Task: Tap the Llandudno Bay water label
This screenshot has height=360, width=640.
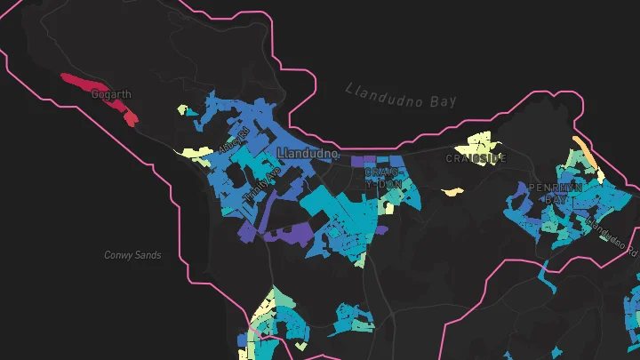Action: pyautogui.click(x=400, y=95)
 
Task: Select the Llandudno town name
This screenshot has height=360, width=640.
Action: pyautogui.click(x=308, y=154)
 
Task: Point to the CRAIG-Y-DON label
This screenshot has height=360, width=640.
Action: pyautogui.click(x=384, y=177)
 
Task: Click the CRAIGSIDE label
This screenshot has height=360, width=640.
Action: pyautogui.click(x=476, y=158)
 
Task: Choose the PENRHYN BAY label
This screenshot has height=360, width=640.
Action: pyautogui.click(x=555, y=194)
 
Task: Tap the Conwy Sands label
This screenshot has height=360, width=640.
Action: pyautogui.click(x=132, y=255)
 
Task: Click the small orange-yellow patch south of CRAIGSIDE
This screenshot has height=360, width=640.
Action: pyautogui.click(x=452, y=191)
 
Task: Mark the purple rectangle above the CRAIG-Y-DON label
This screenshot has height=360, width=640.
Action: pyautogui.click(x=364, y=162)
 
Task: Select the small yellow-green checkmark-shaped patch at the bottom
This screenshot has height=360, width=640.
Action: pyautogui.click(x=360, y=260)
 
